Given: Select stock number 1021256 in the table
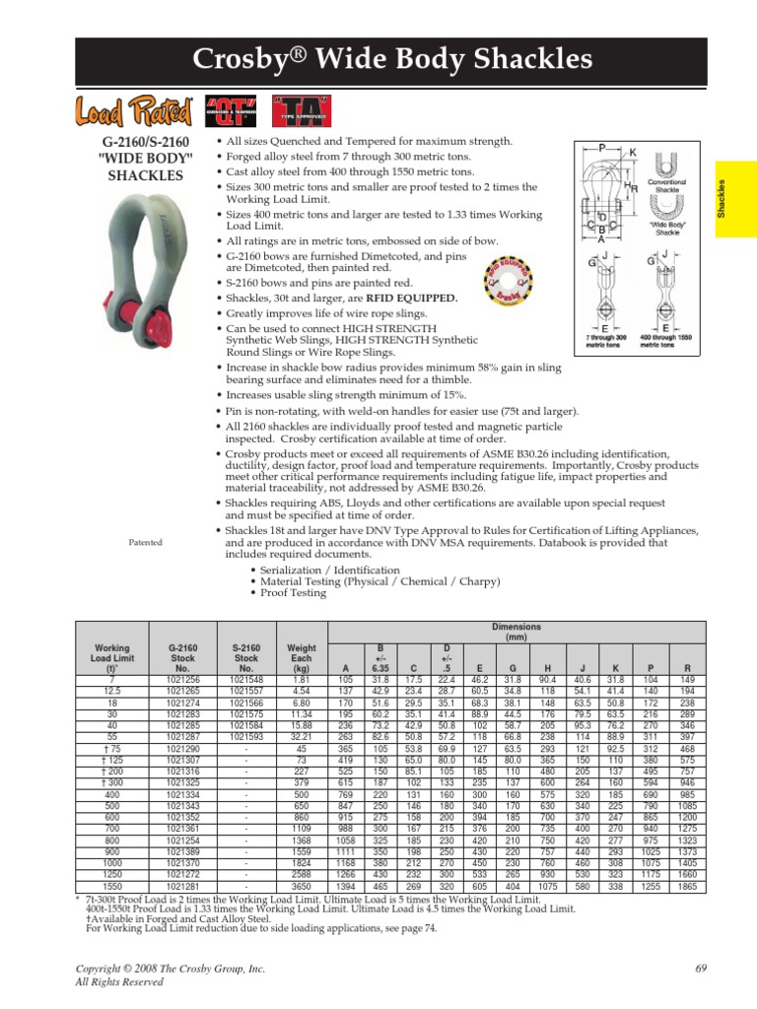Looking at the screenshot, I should [184, 679].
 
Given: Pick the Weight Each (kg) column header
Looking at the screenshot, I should [302, 656].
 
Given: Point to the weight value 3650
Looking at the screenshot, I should [301, 886].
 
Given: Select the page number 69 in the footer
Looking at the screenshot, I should [702, 970].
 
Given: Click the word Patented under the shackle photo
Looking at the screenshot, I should [146, 543].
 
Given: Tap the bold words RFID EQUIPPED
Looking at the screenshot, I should [412, 299].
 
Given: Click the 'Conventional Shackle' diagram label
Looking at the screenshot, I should [666, 186].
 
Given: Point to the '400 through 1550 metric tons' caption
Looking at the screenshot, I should [667, 341].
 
